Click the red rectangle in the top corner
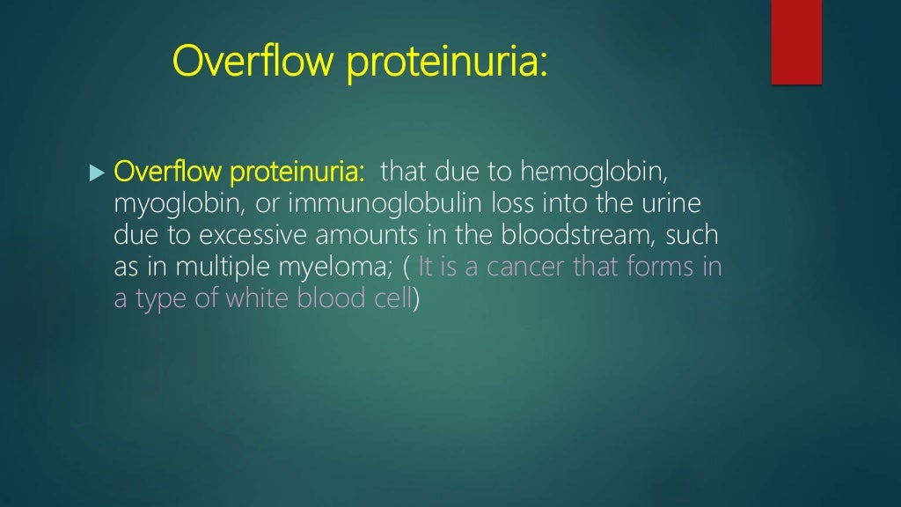point(796,41)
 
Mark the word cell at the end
point(392,299)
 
